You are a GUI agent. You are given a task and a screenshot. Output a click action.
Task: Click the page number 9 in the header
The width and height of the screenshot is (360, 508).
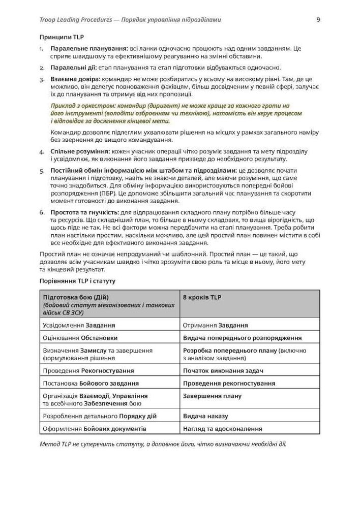point(318,20)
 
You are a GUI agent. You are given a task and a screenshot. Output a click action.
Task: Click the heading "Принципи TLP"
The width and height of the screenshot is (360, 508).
point(62,37)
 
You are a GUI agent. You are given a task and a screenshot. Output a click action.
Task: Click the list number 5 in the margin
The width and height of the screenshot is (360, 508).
point(42,170)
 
